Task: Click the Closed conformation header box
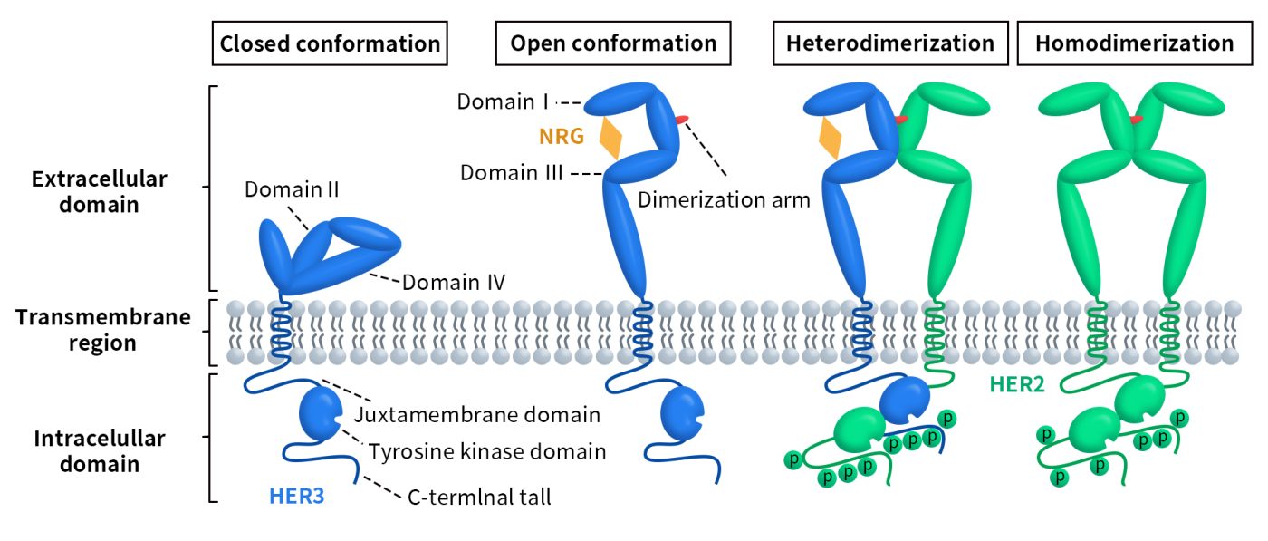click(330, 43)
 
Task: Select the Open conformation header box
click(613, 43)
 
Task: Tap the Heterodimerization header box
click(890, 43)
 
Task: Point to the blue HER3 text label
click(295, 496)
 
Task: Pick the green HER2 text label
click(1015, 384)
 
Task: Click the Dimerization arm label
click(724, 200)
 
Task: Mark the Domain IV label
click(454, 283)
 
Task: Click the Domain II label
click(290, 191)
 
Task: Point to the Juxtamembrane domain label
click(477, 415)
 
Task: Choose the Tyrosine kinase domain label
click(487, 450)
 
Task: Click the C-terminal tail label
click(479, 497)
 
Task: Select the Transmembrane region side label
click(103, 331)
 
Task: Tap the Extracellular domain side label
click(99, 191)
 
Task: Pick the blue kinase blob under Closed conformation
click(319, 414)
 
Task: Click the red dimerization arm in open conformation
click(681, 118)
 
